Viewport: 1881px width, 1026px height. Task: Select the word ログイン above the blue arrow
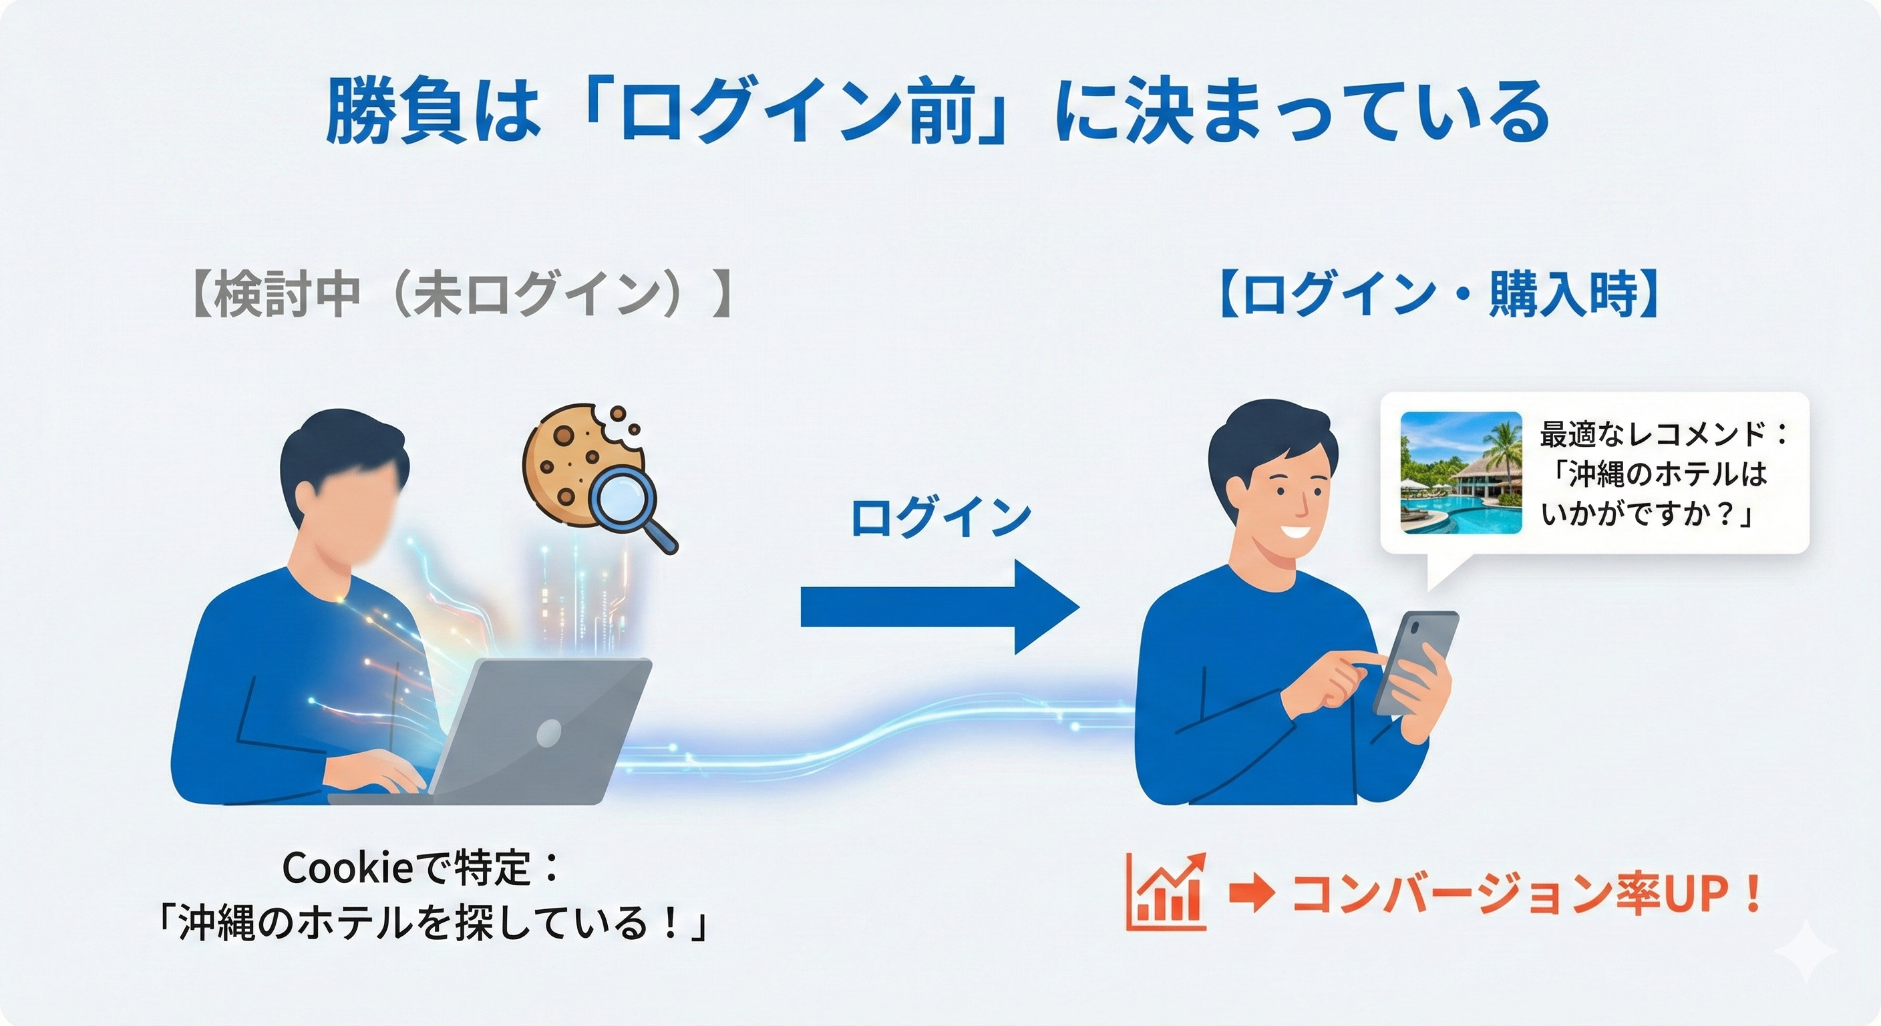940,517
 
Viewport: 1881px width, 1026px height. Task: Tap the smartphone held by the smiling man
1415,661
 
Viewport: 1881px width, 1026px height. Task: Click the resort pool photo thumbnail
1460,472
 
